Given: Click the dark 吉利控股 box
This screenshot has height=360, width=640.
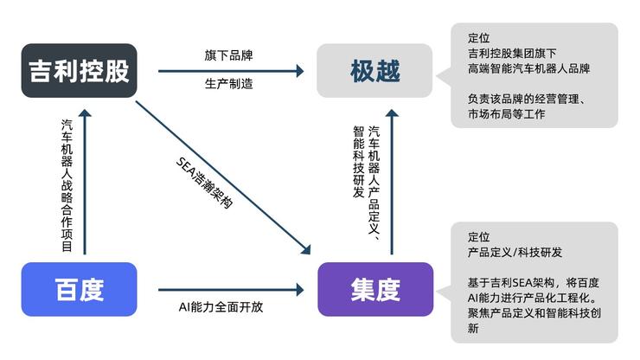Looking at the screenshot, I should click(79, 71).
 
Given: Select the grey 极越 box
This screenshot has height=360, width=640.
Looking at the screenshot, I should click(375, 71).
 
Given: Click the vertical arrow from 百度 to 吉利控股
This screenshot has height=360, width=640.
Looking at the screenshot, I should click(85, 182).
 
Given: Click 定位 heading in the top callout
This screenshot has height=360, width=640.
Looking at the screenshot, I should click(478, 38).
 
